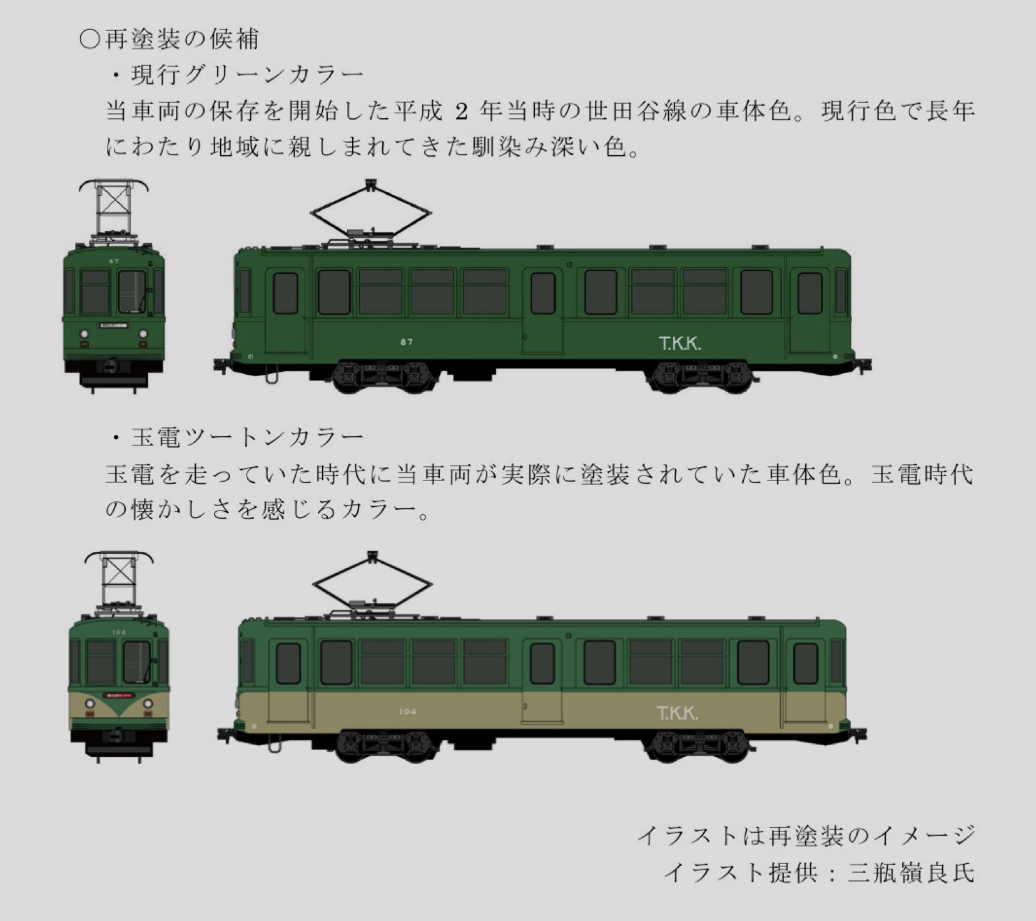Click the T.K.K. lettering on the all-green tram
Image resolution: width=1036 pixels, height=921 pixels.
click(679, 343)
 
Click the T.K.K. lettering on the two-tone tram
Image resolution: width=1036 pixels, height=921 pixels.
click(677, 713)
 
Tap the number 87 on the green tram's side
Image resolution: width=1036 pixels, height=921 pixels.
click(407, 342)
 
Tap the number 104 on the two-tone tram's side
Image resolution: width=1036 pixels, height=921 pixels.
click(407, 711)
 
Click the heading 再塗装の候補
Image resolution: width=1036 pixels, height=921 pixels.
click(181, 39)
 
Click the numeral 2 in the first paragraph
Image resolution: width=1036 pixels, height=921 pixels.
click(461, 112)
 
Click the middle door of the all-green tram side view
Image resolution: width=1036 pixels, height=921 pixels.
click(542, 310)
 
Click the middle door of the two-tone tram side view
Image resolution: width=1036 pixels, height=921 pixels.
click(542, 681)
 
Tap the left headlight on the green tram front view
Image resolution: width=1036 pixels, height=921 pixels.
click(84, 333)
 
